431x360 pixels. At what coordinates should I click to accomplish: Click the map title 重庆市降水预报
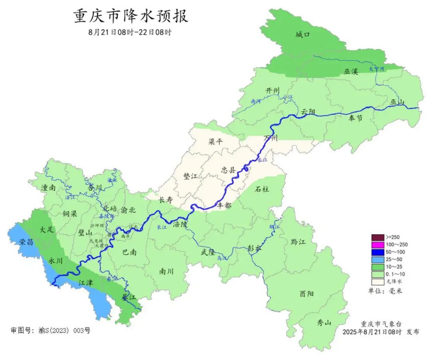pos(130,16)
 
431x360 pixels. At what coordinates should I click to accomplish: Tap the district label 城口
pos(302,35)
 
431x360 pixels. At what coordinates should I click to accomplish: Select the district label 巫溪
pos(351,72)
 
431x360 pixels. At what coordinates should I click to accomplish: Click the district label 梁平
pos(216,141)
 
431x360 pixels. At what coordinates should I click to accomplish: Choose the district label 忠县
pos(228,170)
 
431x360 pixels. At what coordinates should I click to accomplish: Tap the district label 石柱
pos(262,189)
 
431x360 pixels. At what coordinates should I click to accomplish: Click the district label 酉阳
pos(306,294)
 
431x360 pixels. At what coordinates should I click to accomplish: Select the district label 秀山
pos(324,323)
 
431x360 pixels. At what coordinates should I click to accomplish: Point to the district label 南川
pos(166,271)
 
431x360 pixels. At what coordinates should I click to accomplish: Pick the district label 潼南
pos(47,188)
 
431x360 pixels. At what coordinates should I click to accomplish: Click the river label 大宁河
pos(376,69)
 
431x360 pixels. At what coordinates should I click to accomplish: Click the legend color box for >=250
pos(377,237)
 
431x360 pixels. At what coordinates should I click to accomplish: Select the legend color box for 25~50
pos(377,259)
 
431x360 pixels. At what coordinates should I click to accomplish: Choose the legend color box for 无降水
pos(377,281)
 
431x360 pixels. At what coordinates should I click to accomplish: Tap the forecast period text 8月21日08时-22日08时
pos(130,32)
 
